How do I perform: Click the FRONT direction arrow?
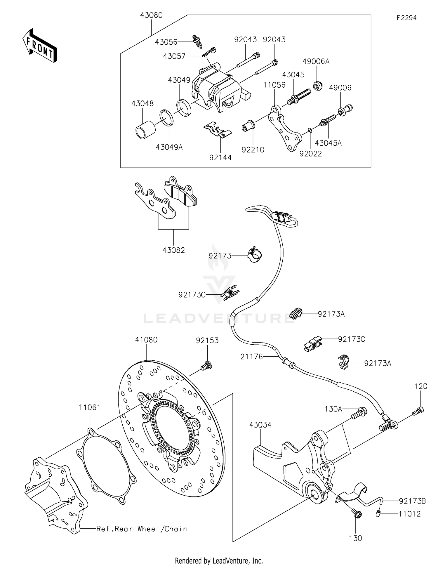pyautogui.click(x=39, y=46)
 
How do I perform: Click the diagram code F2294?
pyautogui.click(x=406, y=18)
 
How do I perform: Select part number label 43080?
pyautogui.click(x=151, y=15)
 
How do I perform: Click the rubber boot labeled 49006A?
pyautogui.click(x=317, y=86)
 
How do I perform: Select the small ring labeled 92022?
pyautogui.click(x=310, y=130)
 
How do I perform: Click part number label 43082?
pyautogui.click(x=174, y=250)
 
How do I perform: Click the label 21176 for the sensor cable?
pyautogui.click(x=252, y=356)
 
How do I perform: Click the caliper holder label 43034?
pyautogui.click(x=260, y=425)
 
